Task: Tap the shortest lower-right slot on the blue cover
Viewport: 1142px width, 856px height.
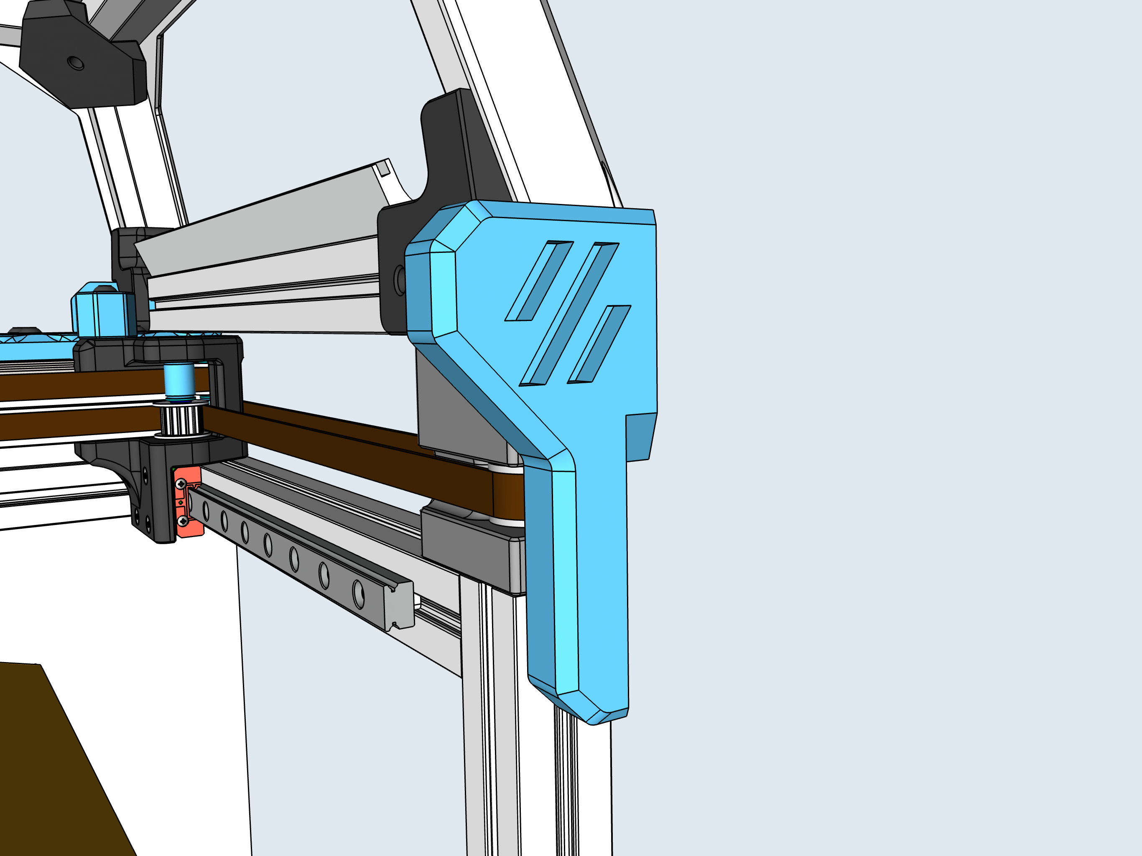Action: coord(599,344)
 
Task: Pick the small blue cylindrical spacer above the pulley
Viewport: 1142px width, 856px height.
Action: coord(179,380)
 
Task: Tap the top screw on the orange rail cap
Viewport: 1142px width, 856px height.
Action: coord(181,484)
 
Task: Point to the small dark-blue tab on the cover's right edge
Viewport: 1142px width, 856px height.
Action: coord(640,436)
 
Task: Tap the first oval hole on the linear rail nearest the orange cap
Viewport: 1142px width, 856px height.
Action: coord(206,511)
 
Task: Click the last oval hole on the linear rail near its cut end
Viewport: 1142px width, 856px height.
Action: coord(358,594)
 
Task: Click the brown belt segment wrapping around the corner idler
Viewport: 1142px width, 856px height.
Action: coord(509,496)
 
